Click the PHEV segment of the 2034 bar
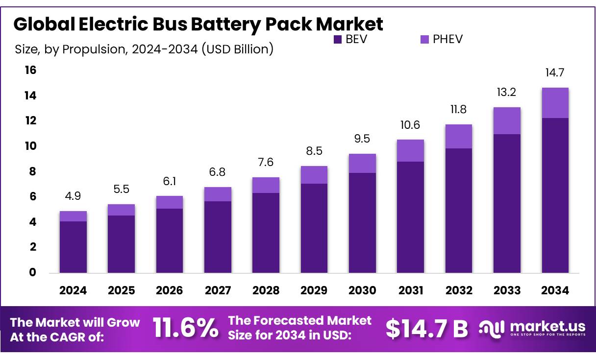(x=555, y=103)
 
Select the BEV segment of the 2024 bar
(x=73, y=247)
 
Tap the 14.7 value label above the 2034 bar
(x=555, y=73)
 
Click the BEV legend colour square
(x=338, y=40)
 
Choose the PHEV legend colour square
(x=425, y=40)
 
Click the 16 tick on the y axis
(x=30, y=71)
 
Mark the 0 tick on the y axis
(x=32, y=272)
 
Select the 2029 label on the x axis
(x=314, y=290)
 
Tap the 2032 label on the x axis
(x=459, y=290)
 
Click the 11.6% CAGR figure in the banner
(x=186, y=328)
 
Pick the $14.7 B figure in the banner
(x=426, y=328)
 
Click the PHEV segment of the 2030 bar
(x=362, y=163)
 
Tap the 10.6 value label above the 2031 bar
(x=410, y=125)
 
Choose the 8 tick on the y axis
(x=32, y=171)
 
